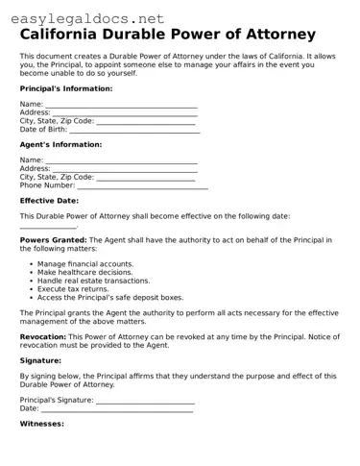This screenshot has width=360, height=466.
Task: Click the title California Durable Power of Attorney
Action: click(x=168, y=35)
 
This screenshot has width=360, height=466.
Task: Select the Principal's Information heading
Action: click(x=66, y=88)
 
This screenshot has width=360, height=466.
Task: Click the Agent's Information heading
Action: click(x=60, y=145)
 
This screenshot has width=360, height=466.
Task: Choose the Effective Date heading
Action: click(x=49, y=201)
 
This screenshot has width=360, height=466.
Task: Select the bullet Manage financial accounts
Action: click(x=85, y=263)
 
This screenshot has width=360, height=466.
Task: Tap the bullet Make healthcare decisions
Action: click(x=84, y=272)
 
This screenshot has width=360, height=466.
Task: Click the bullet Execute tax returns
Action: click(x=73, y=289)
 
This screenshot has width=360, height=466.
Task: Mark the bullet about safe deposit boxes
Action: click(x=109, y=298)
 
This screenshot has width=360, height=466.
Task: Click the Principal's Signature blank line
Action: click(x=146, y=402)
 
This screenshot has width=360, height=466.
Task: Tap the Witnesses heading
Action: click(x=41, y=423)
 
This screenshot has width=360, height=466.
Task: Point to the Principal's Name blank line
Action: click(x=121, y=106)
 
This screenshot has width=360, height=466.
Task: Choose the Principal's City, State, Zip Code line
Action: click(x=146, y=123)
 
